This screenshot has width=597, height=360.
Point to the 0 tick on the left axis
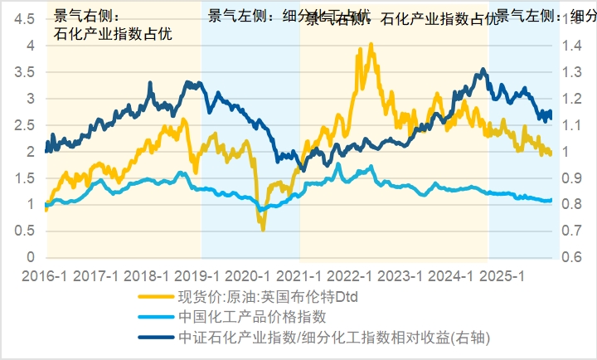pos(30,257)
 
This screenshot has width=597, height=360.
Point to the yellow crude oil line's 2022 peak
pos(370,44)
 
